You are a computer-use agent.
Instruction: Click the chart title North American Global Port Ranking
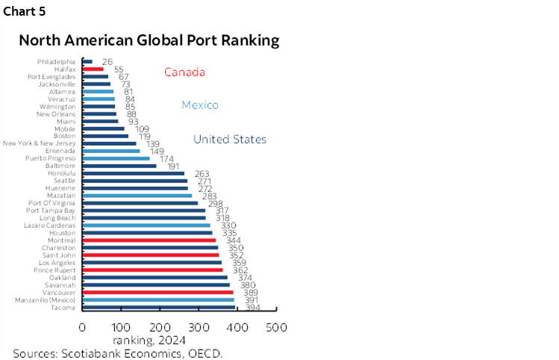(x=149, y=40)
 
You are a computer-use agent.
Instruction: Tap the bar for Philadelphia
(x=87, y=61)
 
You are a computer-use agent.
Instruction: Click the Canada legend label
(x=184, y=72)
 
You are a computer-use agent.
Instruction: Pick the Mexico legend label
(x=200, y=105)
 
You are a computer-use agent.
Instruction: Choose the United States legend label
(x=230, y=140)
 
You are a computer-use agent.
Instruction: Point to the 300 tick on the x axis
(x=199, y=327)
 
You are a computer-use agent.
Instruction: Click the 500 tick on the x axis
(x=277, y=327)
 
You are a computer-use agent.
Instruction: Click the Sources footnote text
(x=117, y=353)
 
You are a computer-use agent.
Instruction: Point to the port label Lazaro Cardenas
(x=51, y=225)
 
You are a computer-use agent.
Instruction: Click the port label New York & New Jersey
(x=39, y=143)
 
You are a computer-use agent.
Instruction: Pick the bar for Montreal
(x=149, y=240)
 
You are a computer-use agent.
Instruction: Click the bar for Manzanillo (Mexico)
(x=157, y=300)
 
